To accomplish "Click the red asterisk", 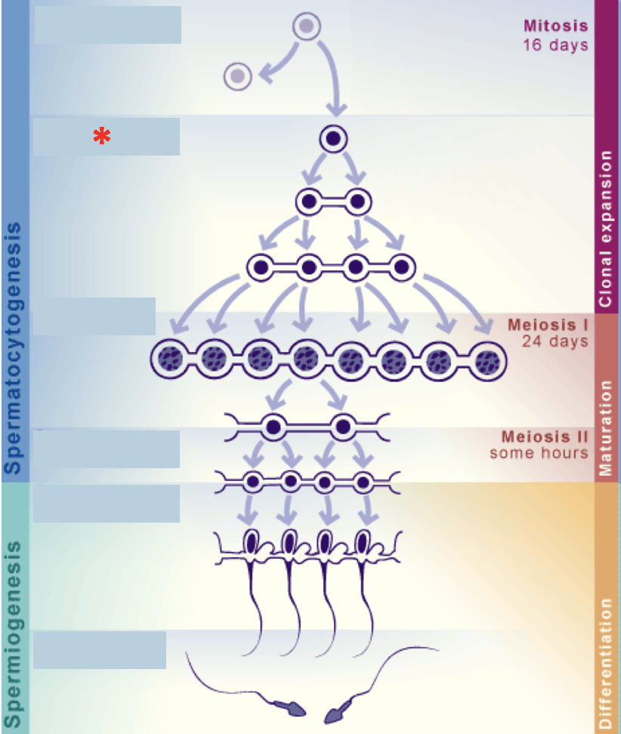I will [x=102, y=137].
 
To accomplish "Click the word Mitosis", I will [x=555, y=26].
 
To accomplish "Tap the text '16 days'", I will [x=555, y=45].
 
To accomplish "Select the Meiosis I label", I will [x=548, y=325].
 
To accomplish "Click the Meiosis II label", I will [x=545, y=437].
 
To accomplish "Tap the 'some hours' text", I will [x=539, y=453].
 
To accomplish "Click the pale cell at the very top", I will [x=306, y=26].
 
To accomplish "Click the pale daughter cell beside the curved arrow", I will [x=238, y=76].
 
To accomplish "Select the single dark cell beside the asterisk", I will [x=333, y=139].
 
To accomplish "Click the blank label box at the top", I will [x=108, y=25].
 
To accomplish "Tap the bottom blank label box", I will [x=100, y=649].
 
